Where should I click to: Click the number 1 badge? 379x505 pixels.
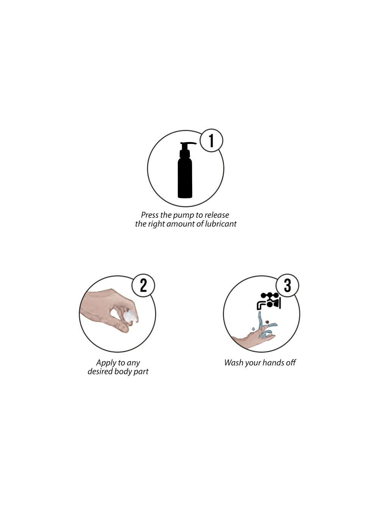coord(211,140)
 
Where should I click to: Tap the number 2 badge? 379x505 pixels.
coord(143,285)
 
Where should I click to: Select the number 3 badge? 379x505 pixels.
coord(287,285)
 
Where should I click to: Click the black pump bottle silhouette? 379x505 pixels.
coord(185,170)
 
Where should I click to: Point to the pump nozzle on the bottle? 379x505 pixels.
coord(189,144)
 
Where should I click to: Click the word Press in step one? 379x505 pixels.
coord(150,215)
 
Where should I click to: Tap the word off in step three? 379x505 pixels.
coord(291,363)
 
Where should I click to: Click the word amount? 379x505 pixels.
coord(181,224)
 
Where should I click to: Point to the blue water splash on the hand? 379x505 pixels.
coord(266,325)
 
